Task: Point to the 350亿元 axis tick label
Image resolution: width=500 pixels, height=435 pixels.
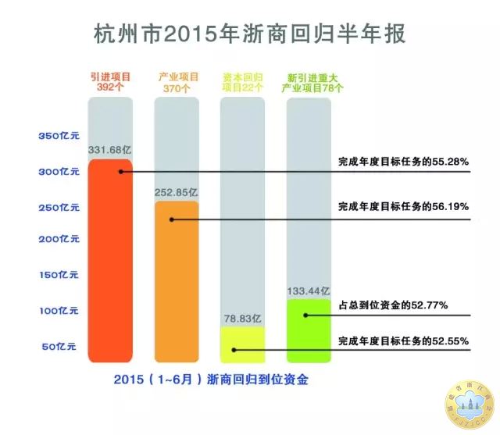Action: pyautogui.click(x=59, y=136)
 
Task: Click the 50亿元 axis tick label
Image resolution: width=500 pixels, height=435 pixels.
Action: pyautogui.click(x=59, y=346)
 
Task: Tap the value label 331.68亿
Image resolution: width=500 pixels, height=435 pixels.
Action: pyautogui.click(x=109, y=150)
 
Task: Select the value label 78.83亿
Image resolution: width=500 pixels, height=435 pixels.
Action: pyautogui.click(x=242, y=318)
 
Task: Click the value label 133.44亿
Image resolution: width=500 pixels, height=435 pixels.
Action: pyautogui.click(x=309, y=289)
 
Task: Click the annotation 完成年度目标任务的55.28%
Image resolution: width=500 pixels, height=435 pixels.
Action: pyautogui.click(x=402, y=162)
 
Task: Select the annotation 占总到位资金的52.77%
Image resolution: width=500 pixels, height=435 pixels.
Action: pyautogui.click(x=392, y=305)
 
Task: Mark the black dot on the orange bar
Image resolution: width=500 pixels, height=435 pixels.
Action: pyautogui.click(x=171, y=220)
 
